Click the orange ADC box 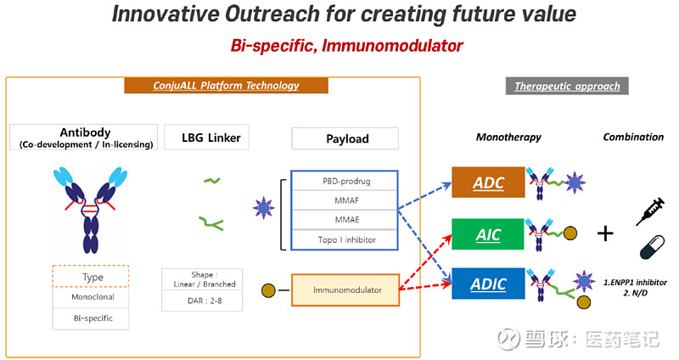[488, 183]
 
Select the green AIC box [488, 234]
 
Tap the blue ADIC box [488, 283]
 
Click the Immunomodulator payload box [344, 290]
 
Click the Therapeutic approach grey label [567, 86]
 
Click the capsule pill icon [649, 248]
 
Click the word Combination [633, 137]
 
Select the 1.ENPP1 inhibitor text [634, 281]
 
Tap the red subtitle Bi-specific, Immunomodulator [346, 45]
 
